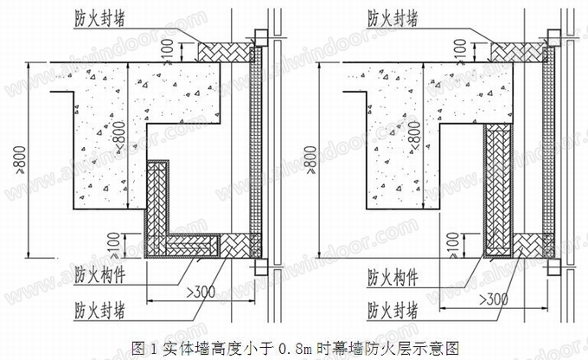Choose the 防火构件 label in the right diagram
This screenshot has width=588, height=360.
tap(395, 278)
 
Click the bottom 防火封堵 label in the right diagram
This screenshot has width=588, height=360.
tap(395, 308)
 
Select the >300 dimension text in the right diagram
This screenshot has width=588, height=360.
tap(495, 299)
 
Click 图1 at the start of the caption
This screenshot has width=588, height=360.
tap(144, 348)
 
